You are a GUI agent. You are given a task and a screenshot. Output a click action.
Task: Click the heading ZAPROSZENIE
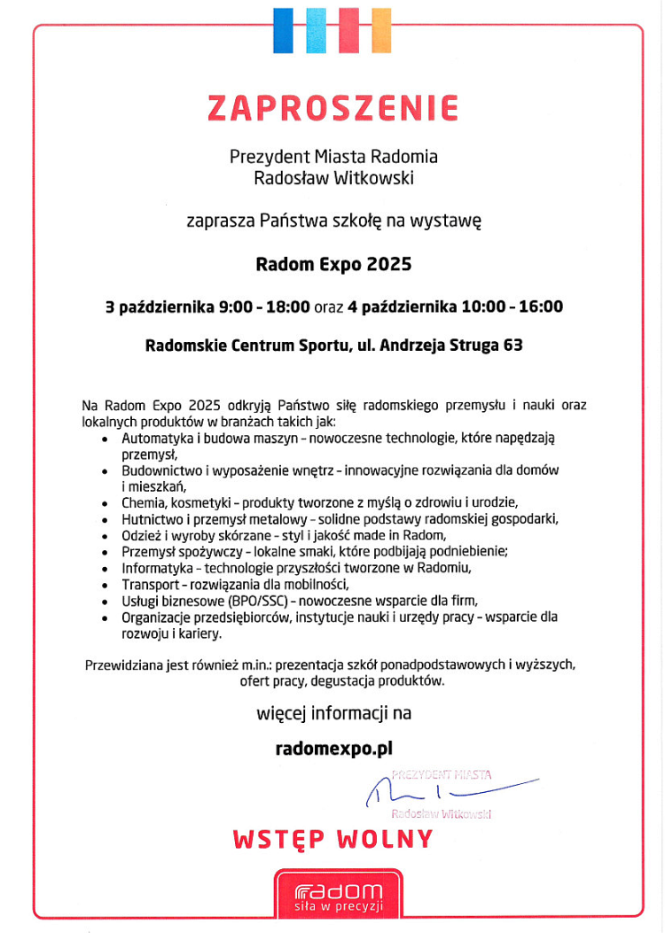[332, 108]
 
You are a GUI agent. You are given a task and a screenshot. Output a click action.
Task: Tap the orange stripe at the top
[380, 29]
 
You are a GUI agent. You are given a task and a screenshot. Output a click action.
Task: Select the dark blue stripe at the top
[284, 29]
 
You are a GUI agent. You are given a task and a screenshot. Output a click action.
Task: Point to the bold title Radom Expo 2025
[333, 264]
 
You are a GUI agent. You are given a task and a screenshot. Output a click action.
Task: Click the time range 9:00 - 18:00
[263, 307]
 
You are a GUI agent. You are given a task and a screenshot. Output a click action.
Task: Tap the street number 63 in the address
[512, 346]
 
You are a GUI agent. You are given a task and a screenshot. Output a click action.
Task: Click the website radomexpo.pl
[333, 749]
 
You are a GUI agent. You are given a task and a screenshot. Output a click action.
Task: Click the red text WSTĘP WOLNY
[333, 839]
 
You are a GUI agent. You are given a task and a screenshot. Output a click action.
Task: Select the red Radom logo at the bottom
[339, 895]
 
